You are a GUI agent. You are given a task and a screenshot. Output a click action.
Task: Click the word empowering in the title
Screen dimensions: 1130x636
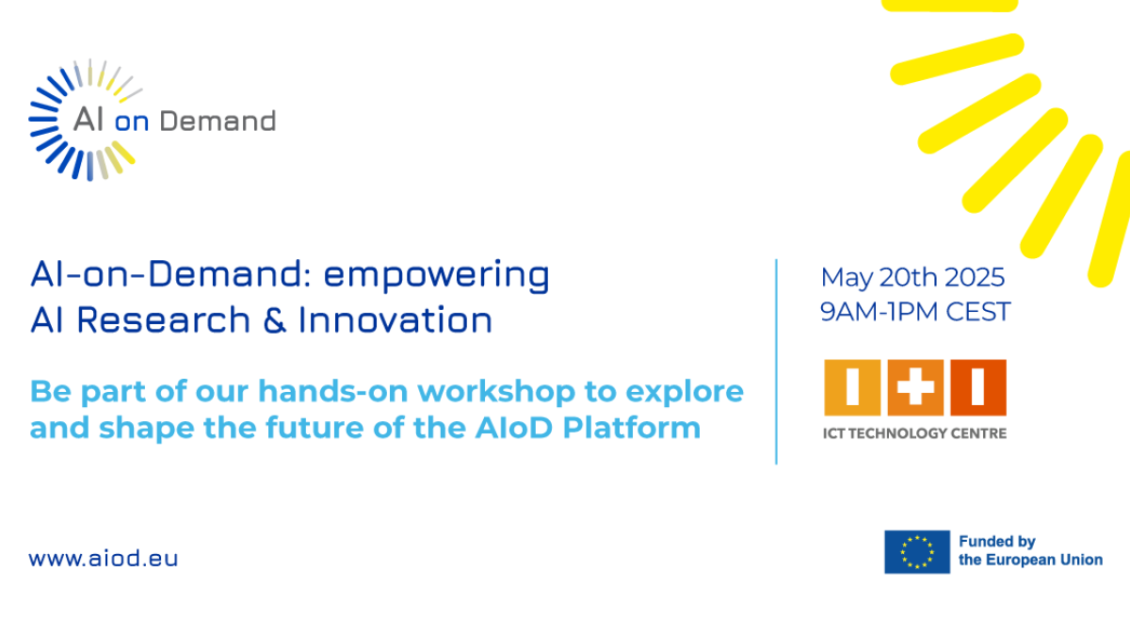pyautogui.click(x=436, y=276)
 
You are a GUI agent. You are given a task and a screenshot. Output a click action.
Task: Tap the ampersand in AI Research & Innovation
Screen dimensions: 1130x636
pyautogui.click(x=274, y=320)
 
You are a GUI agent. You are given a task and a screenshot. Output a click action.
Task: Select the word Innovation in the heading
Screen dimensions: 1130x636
pyautogui.click(x=395, y=319)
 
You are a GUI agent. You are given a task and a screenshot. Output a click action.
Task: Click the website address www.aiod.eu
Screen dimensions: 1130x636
pyautogui.click(x=104, y=558)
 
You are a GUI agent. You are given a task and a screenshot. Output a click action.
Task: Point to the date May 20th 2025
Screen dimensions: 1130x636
pyautogui.click(x=912, y=277)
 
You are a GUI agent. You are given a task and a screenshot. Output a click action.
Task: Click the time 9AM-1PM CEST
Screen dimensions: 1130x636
pyautogui.click(x=915, y=312)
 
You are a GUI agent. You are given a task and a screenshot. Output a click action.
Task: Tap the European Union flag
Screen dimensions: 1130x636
pyautogui.click(x=917, y=552)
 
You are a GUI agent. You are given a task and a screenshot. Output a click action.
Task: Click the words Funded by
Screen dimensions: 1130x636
pyautogui.click(x=997, y=542)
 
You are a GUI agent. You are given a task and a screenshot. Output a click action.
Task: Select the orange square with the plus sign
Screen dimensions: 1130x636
pyautogui.click(x=915, y=387)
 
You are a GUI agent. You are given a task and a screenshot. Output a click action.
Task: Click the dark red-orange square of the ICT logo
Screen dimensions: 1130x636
pyautogui.click(x=978, y=387)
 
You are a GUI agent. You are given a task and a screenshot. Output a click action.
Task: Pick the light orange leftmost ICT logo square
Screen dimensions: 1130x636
pyautogui.click(x=852, y=387)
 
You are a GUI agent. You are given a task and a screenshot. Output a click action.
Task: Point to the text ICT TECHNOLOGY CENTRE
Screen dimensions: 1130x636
pyautogui.click(x=914, y=433)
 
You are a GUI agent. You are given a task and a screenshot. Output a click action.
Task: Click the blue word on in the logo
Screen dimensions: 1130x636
pyautogui.click(x=132, y=122)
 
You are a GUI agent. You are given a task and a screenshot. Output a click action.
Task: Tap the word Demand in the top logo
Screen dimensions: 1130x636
pyautogui.click(x=218, y=122)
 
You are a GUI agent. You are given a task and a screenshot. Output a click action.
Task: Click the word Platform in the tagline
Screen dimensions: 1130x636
pyautogui.click(x=632, y=428)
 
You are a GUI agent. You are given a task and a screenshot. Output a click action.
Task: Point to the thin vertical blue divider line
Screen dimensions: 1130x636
pyautogui.click(x=776, y=362)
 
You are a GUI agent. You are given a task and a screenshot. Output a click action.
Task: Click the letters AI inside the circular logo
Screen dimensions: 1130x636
pyautogui.click(x=89, y=120)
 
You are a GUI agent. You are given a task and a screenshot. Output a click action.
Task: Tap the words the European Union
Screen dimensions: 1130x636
pyautogui.click(x=1030, y=560)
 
